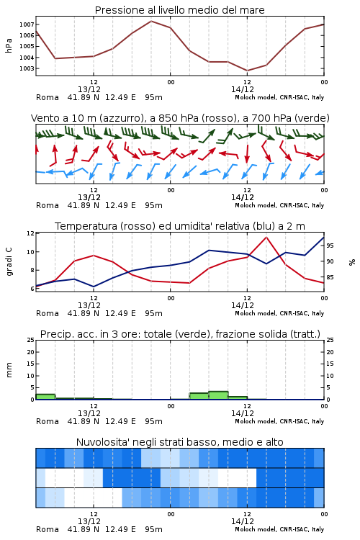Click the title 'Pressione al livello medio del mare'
click(x=179, y=10)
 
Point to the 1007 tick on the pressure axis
click(x=27, y=24)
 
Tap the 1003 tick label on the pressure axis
click(x=27, y=68)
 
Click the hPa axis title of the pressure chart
click(x=9, y=45)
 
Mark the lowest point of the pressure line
click(x=247, y=71)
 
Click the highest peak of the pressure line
click(x=151, y=21)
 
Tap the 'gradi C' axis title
click(x=9, y=261)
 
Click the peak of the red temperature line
click(x=266, y=237)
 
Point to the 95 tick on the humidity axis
click(x=330, y=246)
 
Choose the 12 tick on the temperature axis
click(x=30, y=233)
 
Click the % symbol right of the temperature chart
click(x=352, y=262)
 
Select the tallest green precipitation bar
click(x=218, y=395)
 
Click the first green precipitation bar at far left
click(x=45, y=397)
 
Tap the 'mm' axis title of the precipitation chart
click(x=9, y=370)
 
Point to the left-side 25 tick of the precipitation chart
click(x=30, y=340)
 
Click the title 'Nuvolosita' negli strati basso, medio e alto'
click(x=179, y=442)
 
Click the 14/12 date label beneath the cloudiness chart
click(x=242, y=521)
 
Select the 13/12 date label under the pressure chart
click(x=89, y=89)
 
